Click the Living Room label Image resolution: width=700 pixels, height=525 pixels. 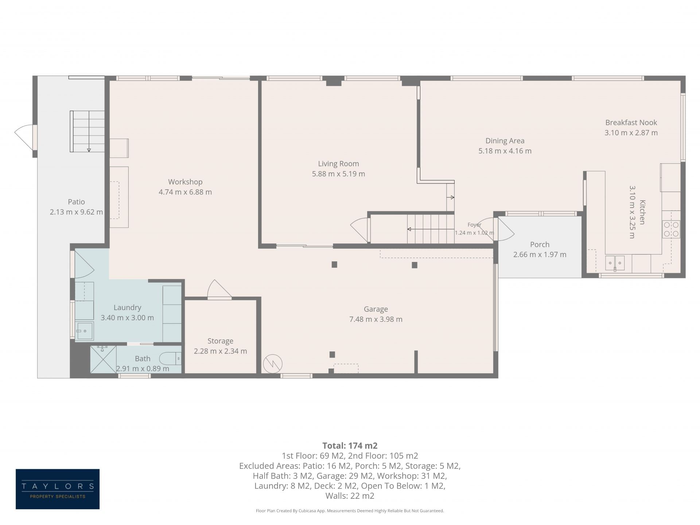(338, 164)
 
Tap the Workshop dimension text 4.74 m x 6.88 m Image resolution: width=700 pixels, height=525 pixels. (185, 192)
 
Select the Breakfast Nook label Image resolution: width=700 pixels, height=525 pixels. (631, 123)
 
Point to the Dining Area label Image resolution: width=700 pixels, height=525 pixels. (505, 141)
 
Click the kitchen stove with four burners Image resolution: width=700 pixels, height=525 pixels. (671, 229)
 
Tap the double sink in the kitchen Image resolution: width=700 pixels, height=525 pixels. (615, 263)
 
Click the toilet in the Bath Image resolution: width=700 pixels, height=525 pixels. (170, 359)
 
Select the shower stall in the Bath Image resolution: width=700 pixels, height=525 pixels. (103, 359)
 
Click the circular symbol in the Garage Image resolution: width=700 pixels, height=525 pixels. (273, 363)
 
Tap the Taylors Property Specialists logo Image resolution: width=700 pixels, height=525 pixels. (58, 489)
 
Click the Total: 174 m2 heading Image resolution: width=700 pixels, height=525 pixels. (350, 445)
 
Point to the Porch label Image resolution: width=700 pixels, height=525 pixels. (540, 244)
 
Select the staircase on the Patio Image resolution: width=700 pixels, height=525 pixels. (87, 131)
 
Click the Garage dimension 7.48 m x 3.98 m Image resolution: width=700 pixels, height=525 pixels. (376, 319)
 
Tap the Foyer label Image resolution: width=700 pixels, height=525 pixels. (474, 225)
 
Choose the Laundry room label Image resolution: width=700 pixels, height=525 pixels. (127, 308)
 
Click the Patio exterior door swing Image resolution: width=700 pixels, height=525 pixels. (24, 137)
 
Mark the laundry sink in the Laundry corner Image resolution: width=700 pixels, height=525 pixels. (85, 331)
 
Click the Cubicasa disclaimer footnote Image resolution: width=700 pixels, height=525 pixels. (350, 511)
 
